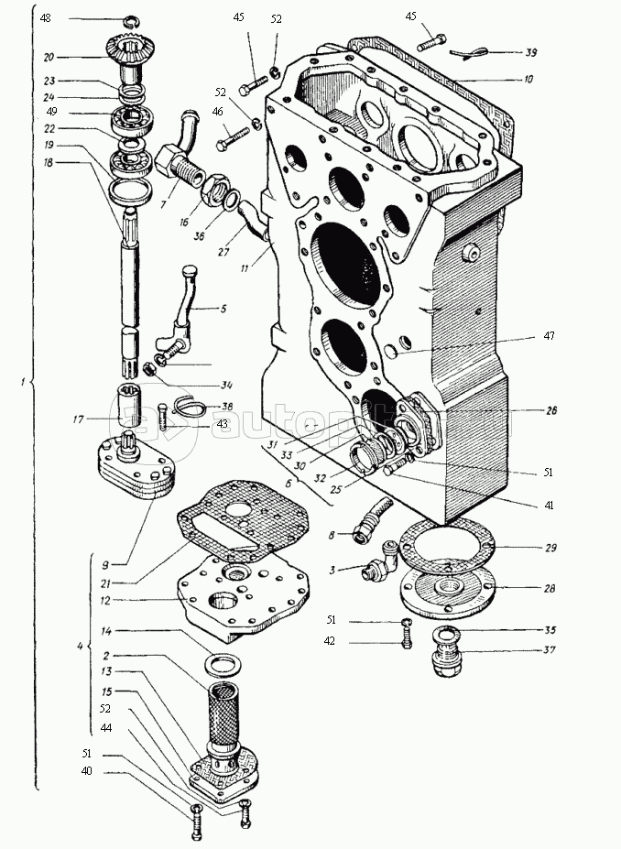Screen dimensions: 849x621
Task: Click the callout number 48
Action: (x=46, y=17)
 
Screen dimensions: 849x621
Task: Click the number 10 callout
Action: (x=528, y=80)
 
